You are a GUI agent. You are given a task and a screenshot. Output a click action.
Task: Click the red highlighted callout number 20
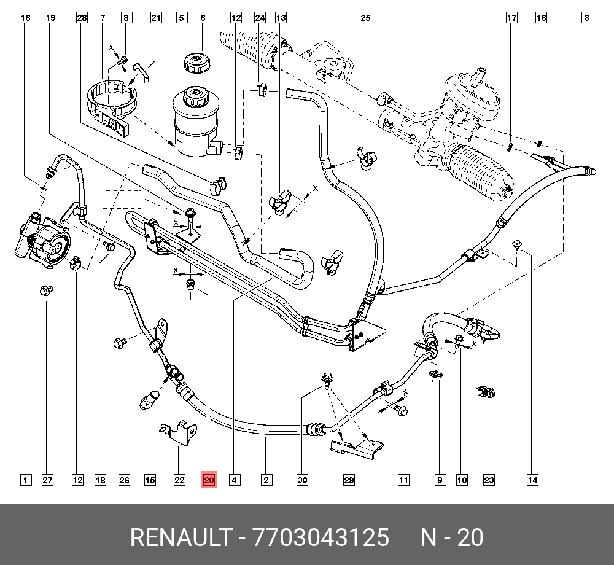[209, 480]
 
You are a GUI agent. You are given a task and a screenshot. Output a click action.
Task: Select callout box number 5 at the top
[181, 18]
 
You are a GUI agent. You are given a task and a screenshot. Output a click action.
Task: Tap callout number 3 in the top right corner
[587, 18]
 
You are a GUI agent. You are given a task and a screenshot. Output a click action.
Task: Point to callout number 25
[365, 18]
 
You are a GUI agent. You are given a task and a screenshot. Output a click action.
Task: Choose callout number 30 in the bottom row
[301, 480]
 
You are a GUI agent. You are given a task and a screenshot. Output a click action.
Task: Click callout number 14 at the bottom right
[532, 480]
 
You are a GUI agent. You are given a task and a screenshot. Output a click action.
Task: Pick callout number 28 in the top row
[82, 18]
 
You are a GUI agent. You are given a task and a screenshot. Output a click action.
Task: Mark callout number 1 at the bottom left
[25, 480]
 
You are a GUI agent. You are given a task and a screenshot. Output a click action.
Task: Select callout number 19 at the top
[51, 18]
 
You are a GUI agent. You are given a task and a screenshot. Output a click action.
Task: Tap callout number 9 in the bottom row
[440, 480]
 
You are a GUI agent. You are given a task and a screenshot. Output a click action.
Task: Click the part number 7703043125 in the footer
[322, 538]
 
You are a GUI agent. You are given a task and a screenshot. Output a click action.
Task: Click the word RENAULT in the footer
[179, 538]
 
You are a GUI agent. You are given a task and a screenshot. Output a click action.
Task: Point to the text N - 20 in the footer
[452, 538]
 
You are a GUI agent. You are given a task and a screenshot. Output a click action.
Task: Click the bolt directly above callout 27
[45, 290]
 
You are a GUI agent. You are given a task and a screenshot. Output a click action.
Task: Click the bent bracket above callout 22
[178, 430]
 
